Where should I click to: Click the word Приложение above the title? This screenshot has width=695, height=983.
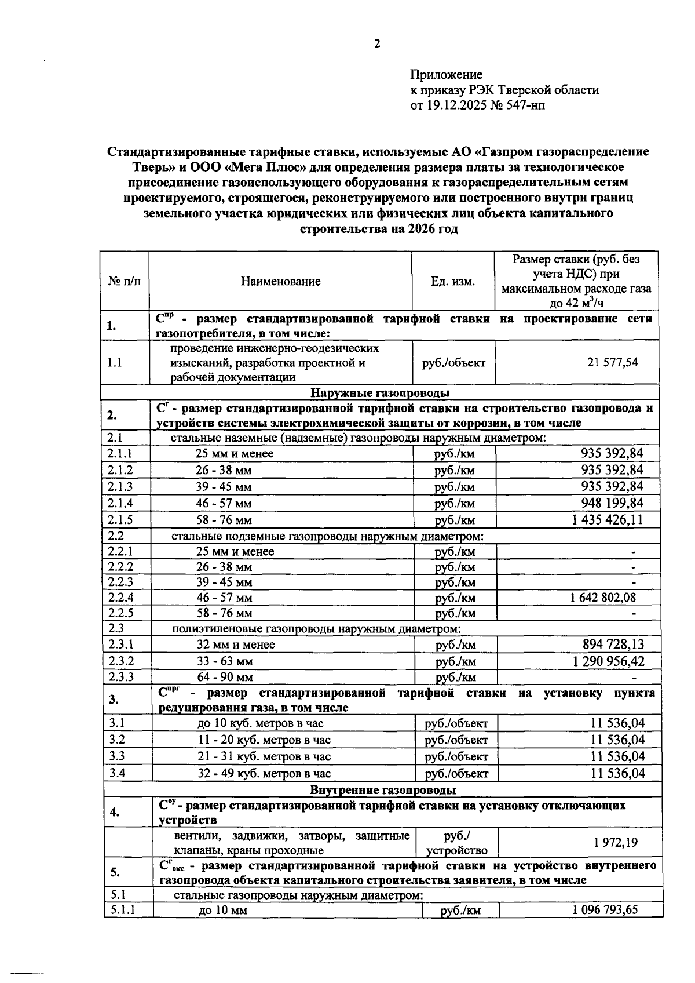click(x=446, y=75)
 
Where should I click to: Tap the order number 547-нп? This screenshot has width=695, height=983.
click(x=525, y=105)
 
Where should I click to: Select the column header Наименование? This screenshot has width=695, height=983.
click(x=280, y=282)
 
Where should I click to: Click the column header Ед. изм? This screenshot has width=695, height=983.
click(x=452, y=282)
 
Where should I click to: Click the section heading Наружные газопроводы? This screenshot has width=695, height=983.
click(x=381, y=393)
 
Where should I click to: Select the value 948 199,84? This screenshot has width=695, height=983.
click(x=612, y=503)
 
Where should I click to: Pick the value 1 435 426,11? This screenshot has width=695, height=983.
click(x=607, y=519)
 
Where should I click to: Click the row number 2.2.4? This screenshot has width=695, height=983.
click(x=120, y=597)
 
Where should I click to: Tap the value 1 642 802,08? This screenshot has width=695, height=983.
click(x=603, y=597)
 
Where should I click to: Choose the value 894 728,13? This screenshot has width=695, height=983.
click(x=613, y=644)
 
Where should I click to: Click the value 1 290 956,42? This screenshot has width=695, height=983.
click(x=608, y=661)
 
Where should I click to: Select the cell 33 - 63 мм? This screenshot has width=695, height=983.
click(x=224, y=661)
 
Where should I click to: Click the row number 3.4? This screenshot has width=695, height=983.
click(x=117, y=773)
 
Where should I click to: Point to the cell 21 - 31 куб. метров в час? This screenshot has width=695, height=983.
click(x=264, y=756)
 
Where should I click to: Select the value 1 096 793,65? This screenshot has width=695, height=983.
click(x=605, y=909)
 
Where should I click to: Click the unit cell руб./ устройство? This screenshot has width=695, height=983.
click(x=456, y=843)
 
